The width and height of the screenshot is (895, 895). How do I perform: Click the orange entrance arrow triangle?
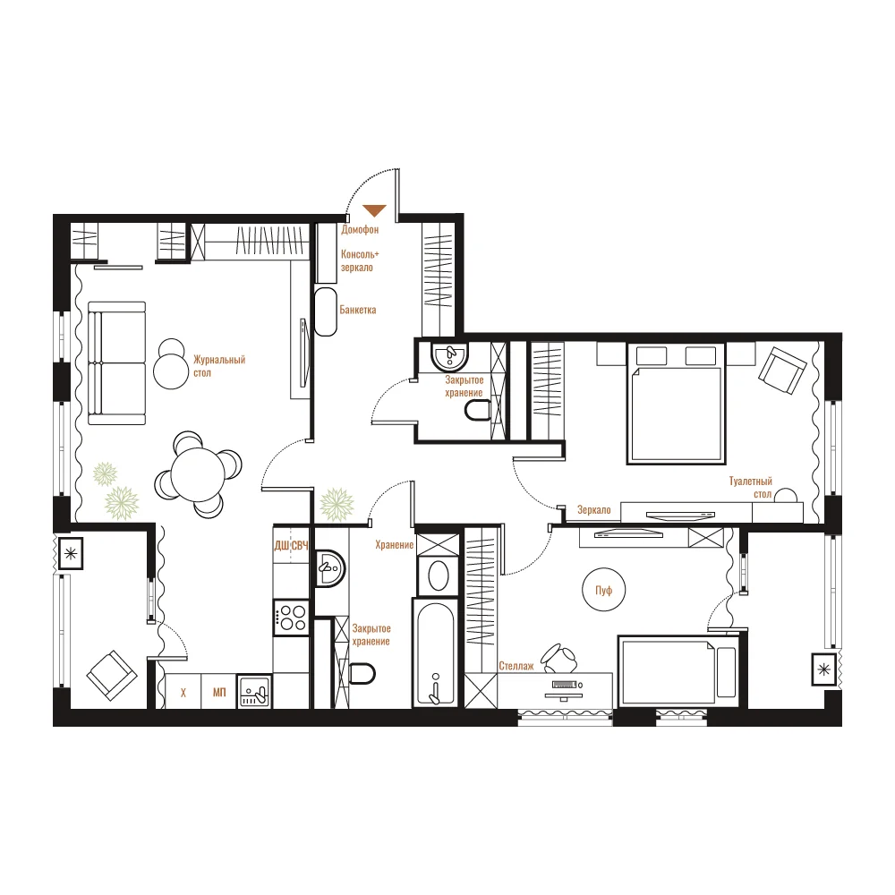[x=374, y=210]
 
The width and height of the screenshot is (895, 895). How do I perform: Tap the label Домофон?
[x=360, y=229]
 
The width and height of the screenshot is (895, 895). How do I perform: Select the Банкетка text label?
[x=358, y=310]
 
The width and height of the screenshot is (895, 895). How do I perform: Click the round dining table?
[x=198, y=475]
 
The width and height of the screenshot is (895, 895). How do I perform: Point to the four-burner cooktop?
[x=291, y=618]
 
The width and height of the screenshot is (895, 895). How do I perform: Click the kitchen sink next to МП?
[x=254, y=692]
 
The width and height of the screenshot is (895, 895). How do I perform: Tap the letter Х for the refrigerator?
[x=183, y=693]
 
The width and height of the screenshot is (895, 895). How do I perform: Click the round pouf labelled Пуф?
[x=603, y=590]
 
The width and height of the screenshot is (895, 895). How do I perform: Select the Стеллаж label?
[x=516, y=666]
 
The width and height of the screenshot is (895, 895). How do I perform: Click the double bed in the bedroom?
[x=676, y=403]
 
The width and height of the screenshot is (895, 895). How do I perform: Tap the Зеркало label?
[x=594, y=510]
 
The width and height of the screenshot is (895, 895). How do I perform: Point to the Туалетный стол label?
[x=751, y=488]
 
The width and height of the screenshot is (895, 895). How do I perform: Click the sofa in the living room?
[x=117, y=363]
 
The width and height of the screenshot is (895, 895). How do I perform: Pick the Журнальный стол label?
[x=219, y=366]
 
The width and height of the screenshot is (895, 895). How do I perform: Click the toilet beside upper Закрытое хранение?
[x=478, y=410]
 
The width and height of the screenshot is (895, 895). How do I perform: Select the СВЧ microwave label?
[x=300, y=546]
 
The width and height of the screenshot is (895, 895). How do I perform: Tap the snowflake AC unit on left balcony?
[x=71, y=553]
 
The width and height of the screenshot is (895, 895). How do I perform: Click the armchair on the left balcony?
[x=112, y=676]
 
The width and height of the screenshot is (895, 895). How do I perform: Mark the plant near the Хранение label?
[x=337, y=505]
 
